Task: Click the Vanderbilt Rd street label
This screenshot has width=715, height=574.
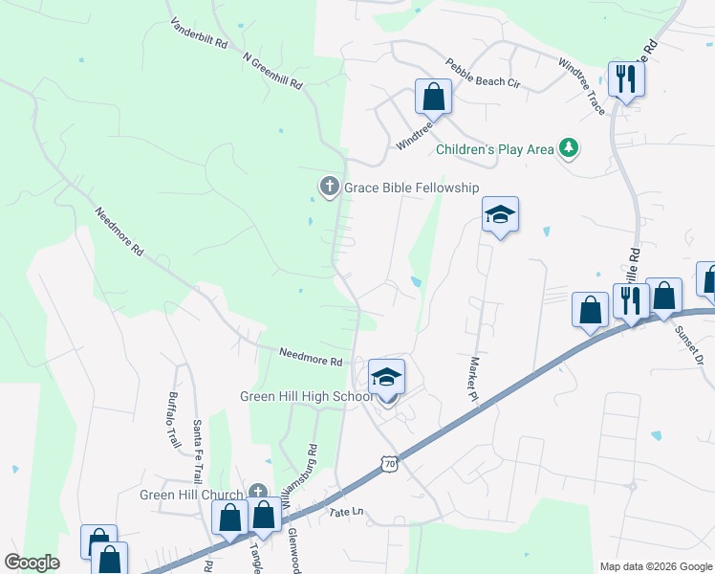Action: pos(199,33)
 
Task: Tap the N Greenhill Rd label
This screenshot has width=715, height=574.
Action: pos(273,71)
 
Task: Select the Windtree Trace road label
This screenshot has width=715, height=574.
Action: pos(581,85)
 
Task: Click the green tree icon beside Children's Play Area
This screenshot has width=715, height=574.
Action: pos(570,147)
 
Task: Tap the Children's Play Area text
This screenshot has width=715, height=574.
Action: pos(495,149)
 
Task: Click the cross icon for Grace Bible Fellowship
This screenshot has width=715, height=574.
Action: pos(330,187)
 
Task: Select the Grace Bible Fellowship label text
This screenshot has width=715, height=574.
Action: pos(412,188)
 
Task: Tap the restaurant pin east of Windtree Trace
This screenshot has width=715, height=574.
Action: pos(626,78)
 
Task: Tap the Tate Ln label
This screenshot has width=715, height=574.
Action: pos(348,513)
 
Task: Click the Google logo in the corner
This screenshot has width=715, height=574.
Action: pos(32,563)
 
